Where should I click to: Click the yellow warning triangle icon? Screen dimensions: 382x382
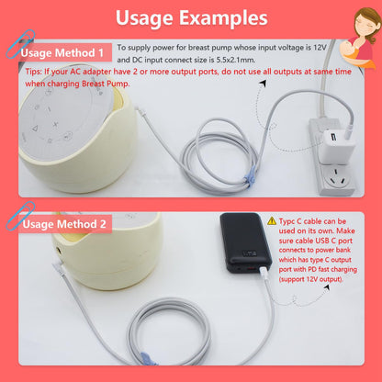[273, 221]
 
